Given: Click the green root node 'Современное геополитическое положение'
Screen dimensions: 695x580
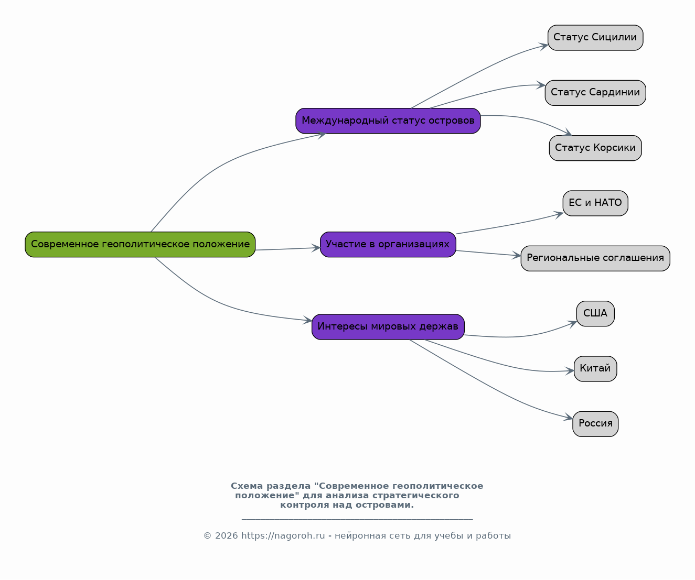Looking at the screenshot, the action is (140, 245).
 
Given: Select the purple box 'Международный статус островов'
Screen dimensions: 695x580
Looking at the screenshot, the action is (388, 121).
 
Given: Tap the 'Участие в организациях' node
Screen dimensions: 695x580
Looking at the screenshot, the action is (388, 245).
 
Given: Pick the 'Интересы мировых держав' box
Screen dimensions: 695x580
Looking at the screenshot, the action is (388, 327).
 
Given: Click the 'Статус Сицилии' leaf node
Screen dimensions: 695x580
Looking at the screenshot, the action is (595, 38).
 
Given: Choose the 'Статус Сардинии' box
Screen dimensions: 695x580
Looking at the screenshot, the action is (595, 93).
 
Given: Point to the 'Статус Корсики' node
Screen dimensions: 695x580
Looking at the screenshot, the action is (595, 148).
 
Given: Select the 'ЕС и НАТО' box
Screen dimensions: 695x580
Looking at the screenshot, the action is (595, 203).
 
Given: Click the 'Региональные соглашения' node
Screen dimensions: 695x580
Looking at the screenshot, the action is (595, 258).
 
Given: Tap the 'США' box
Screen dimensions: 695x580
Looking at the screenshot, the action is (595, 314).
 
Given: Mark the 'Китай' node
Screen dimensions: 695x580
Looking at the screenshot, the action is (595, 369).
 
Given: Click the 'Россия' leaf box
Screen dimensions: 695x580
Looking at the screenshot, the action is (595, 424).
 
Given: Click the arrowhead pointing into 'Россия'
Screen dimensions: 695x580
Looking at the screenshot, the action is (569, 417).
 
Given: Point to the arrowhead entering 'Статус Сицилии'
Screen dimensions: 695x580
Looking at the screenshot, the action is (544, 46).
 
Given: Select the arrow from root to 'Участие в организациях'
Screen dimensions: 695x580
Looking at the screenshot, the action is (287, 249).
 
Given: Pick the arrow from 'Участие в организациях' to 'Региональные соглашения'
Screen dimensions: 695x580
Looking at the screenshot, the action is (488, 254).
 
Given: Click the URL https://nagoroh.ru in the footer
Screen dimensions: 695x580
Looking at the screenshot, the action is (283, 536).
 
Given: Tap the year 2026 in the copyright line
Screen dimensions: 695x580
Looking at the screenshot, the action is (227, 536).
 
